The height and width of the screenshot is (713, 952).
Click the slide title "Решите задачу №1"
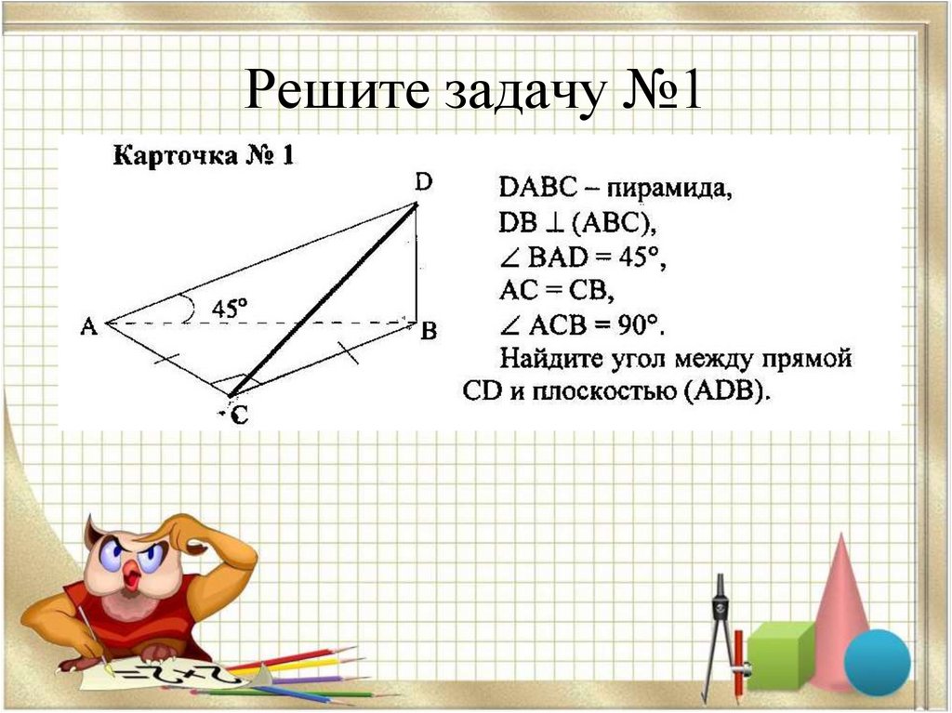coord(475,94)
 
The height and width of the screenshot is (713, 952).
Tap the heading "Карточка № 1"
coord(204,155)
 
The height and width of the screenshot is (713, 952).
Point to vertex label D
coord(422,184)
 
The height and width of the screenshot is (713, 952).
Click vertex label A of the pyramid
coord(89,325)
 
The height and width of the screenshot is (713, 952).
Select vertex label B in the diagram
coord(429,331)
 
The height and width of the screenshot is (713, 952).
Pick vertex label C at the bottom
coord(239,417)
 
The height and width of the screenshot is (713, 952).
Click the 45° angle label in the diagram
coord(229,308)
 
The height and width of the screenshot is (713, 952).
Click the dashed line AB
coord(279,323)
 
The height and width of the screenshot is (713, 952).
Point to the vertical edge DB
coord(416,265)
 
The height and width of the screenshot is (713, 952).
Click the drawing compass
coord(721,632)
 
